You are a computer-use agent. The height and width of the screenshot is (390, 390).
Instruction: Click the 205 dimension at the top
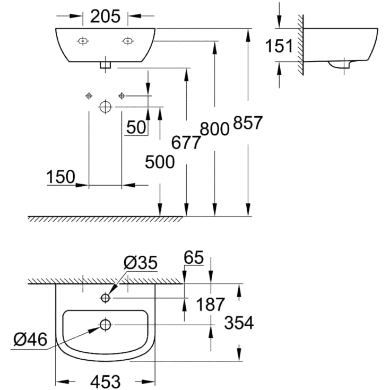(105, 16)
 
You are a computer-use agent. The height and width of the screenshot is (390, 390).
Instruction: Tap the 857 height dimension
(247, 123)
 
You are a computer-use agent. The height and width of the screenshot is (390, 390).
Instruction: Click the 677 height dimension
(186, 142)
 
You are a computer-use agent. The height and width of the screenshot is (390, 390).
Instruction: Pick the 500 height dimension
(160, 162)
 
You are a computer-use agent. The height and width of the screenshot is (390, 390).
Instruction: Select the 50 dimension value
(136, 127)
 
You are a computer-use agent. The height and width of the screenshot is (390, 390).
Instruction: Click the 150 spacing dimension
(60, 177)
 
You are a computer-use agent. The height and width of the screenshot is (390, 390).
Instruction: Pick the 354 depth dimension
(239, 322)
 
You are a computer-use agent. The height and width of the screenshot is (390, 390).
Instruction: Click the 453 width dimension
(105, 380)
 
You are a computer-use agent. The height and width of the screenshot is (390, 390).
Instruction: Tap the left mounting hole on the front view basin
(83, 41)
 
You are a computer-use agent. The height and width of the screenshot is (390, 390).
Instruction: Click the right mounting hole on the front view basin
(127, 41)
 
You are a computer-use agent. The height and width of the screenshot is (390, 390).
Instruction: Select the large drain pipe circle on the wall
(105, 107)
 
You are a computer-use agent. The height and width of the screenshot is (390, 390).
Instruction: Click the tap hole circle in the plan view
(105, 298)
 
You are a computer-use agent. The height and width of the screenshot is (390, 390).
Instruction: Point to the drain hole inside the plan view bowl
(105, 324)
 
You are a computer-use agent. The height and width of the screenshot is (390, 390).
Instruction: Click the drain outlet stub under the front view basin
(105, 66)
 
